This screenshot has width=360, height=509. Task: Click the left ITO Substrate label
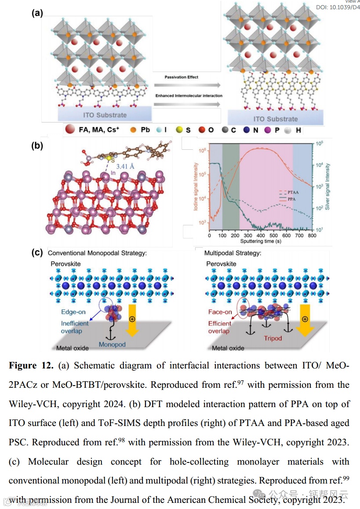coord(105,115)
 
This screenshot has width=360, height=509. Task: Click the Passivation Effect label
coord(182,77)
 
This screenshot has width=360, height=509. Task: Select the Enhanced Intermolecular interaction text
coord(189,95)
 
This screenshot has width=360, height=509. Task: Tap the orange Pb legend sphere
coord(133,130)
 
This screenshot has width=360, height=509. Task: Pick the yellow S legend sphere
coord(179,130)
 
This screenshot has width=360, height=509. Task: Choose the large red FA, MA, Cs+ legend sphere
coord(69,130)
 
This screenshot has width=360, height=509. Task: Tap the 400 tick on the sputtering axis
coord(262,236)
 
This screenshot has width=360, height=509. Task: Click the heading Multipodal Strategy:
coord(233,253)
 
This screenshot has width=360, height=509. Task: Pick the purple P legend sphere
coord(267,130)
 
